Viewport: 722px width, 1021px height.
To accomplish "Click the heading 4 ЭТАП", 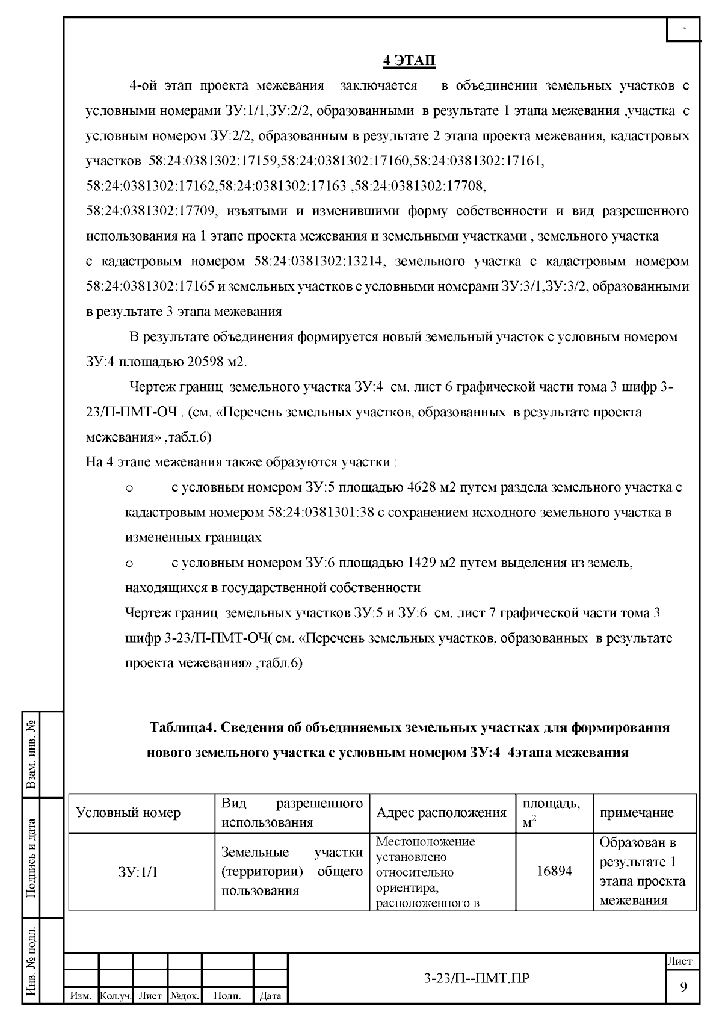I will click(x=409, y=61).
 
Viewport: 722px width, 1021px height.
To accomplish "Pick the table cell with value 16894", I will click(x=554, y=871).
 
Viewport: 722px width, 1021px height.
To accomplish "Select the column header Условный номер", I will click(x=128, y=813).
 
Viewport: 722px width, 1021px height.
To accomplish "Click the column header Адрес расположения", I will click(x=441, y=813).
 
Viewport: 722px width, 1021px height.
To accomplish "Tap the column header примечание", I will click(x=637, y=813).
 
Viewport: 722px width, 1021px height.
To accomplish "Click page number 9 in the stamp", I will click(x=683, y=987).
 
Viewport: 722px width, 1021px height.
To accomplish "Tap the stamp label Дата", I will click(x=270, y=996).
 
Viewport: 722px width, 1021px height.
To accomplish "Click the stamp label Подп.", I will click(x=227, y=996).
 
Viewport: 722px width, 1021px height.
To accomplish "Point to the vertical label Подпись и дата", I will click(x=31, y=858).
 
